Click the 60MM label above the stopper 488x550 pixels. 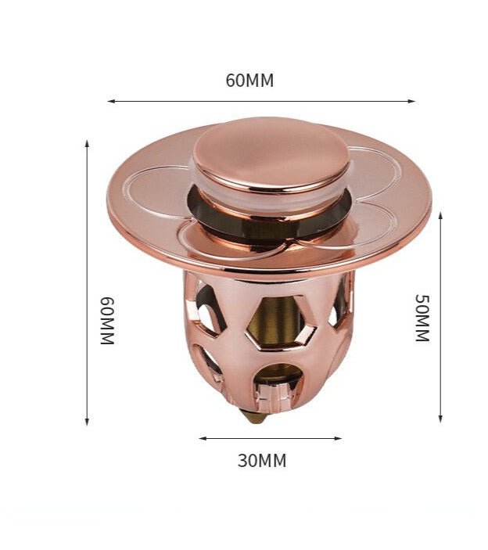click(x=249, y=81)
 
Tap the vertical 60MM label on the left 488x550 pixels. click(x=108, y=321)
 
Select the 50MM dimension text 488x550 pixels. click(x=422, y=318)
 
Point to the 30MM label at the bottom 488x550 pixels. click(x=262, y=461)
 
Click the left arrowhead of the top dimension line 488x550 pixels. click(x=111, y=102)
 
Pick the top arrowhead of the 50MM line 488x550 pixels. click(x=440, y=215)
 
